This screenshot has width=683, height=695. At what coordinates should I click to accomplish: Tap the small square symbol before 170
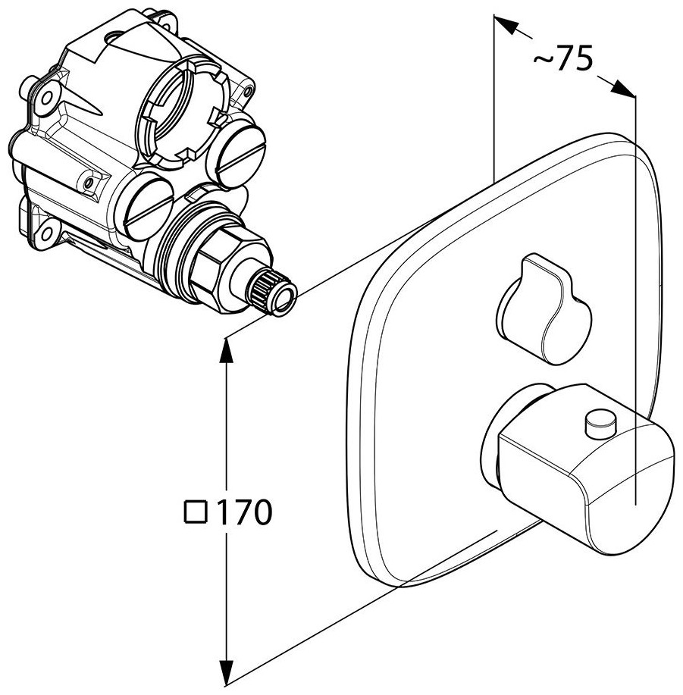pyautogui.click(x=196, y=512)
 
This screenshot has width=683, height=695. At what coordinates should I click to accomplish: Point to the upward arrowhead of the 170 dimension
pyautogui.click(x=227, y=350)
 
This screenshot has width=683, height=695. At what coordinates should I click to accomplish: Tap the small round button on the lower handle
pyautogui.click(x=600, y=422)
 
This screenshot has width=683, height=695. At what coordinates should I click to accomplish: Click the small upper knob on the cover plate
pyautogui.click(x=544, y=308)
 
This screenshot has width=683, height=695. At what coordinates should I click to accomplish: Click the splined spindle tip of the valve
pyautogui.click(x=274, y=293)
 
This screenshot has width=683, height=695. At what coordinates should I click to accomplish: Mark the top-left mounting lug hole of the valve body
pyautogui.click(x=46, y=98)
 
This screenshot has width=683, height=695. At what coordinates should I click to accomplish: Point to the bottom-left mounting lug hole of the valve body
pyautogui.click(x=45, y=230)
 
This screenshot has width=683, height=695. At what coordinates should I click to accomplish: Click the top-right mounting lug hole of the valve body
pyautogui.click(x=168, y=22)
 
